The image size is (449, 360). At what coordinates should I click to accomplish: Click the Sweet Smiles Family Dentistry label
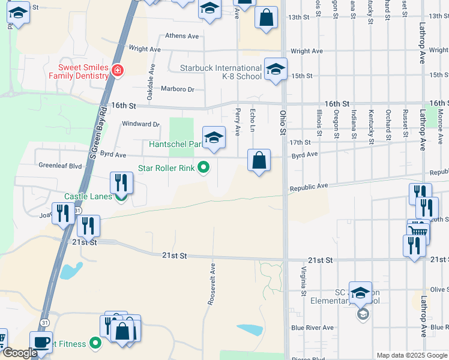tap(83, 71)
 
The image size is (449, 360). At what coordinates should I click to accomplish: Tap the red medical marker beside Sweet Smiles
tap(118, 71)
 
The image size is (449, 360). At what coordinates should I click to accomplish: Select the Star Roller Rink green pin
tap(204, 168)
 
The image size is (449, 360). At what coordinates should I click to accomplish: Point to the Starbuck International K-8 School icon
tap(276, 69)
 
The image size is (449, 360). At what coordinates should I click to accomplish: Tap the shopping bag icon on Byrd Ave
tap(259, 160)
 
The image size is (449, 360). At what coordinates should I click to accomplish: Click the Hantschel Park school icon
tap(214, 137)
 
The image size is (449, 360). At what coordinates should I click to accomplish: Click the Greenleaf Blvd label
tap(59, 166)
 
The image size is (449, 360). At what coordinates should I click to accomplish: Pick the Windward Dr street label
tap(141, 124)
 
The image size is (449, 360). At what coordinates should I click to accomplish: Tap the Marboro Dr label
tap(178, 89)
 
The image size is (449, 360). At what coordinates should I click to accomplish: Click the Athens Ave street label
tap(182, 36)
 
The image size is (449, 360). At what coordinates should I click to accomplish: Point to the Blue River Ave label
tap(312, 328)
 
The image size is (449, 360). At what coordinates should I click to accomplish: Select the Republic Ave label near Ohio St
tap(309, 187)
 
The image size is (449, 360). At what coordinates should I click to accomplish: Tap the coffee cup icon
tap(41, 342)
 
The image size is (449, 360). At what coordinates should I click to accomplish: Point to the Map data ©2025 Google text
tap(411, 355)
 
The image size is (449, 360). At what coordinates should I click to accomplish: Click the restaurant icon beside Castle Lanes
tap(121, 183)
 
